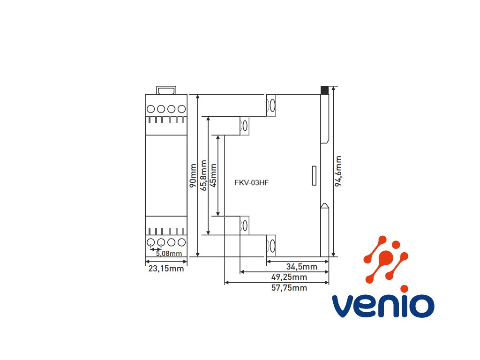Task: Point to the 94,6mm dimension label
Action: (x=338, y=172)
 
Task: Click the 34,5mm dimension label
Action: (x=302, y=267)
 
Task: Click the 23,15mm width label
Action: (x=166, y=269)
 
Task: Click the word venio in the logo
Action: (x=382, y=306)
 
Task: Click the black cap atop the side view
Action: (x=324, y=90)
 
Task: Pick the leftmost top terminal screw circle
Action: (x=151, y=109)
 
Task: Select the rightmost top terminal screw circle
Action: (x=182, y=109)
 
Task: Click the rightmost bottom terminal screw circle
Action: (x=182, y=242)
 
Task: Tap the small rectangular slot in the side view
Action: (x=315, y=175)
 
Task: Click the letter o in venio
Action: (x=420, y=306)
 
